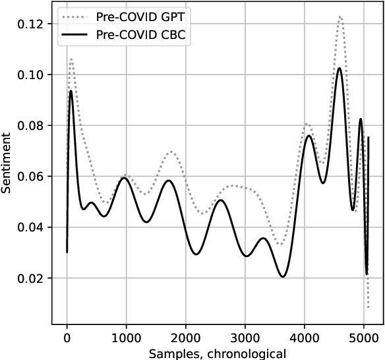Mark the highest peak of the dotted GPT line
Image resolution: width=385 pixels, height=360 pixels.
340,17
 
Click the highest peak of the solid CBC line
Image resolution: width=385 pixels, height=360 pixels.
340,68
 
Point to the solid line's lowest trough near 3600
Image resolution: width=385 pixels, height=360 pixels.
283,276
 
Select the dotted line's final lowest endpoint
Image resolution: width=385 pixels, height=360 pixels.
368,308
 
